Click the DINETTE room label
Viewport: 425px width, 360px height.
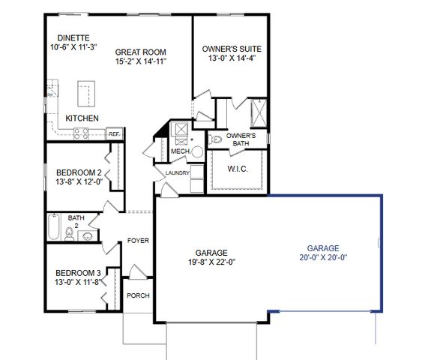click(x=73, y=37)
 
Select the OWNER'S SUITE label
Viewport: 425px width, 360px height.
click(x=226, y=49)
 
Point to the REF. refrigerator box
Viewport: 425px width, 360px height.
click(x=114, y=133)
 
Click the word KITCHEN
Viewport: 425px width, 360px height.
click(x=82, y=118)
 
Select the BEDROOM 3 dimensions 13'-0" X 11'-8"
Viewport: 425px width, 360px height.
click(x=77, y=281)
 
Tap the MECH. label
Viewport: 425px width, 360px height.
click(x=180, y=151)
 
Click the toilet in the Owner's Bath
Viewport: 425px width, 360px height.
click(x=214, y=139)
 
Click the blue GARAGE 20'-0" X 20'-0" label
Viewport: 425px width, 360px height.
click(x=323, y=252)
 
